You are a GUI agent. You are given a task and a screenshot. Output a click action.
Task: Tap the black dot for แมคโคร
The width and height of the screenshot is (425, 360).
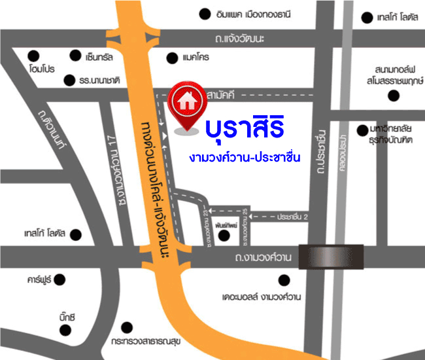point(171,58)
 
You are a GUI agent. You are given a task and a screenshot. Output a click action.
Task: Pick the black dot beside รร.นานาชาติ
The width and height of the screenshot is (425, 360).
point(70,80)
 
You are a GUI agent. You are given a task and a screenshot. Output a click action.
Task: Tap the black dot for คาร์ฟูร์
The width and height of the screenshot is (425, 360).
point(59,279)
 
